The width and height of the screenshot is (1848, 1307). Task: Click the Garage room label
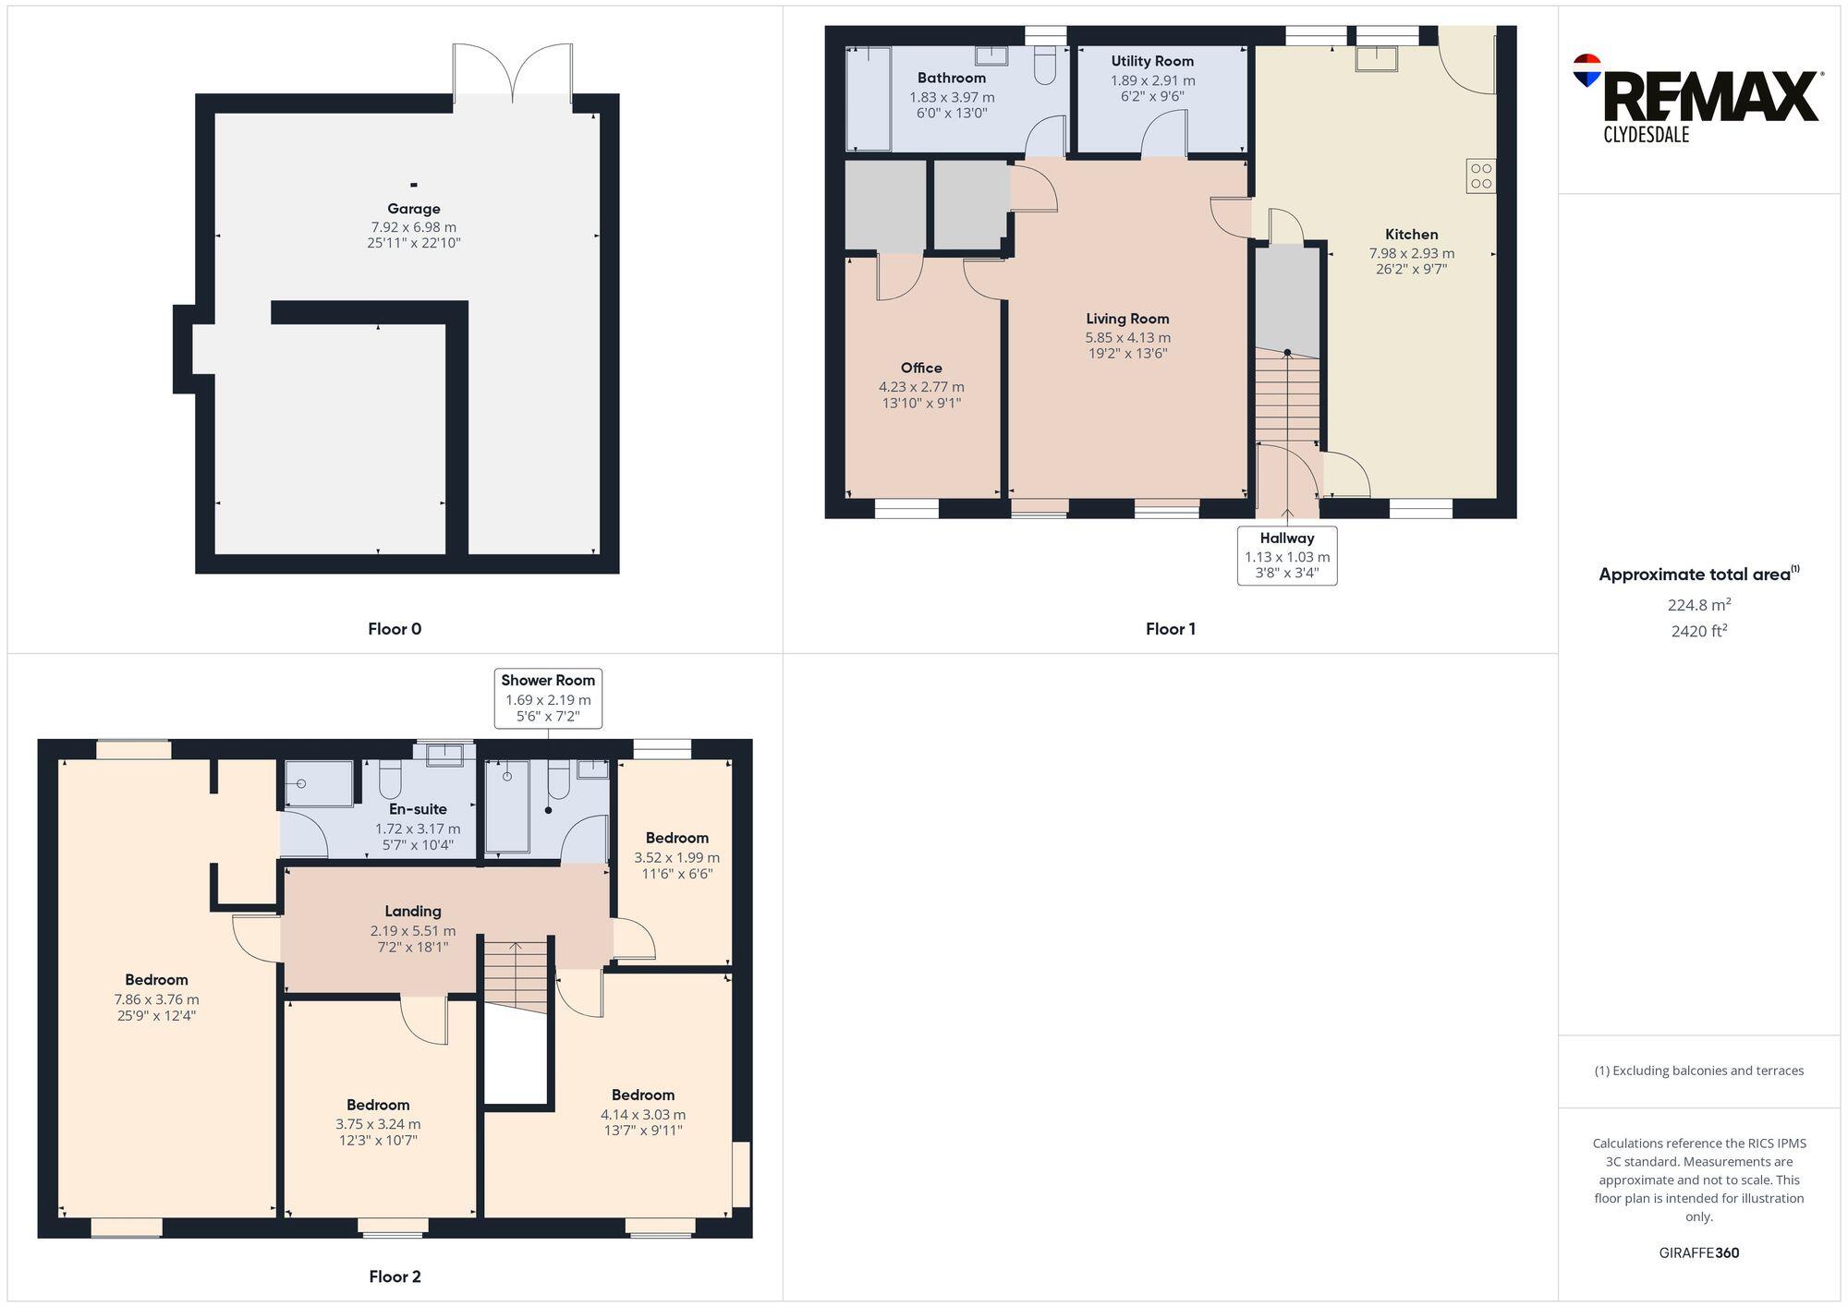click(413, 209)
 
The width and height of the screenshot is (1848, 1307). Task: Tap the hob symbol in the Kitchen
click(1480, 176)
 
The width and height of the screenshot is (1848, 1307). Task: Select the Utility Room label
click(1152, 61)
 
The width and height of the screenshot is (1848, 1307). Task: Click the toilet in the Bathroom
click(1044, 65)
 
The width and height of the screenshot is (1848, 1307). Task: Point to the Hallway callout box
click(1286, 555)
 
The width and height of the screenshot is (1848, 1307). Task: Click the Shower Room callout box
click(548, 698)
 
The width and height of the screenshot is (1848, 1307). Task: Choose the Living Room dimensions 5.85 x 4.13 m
click(1127, 338)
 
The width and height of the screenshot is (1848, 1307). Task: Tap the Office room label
click(921, 368)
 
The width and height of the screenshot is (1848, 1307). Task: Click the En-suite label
click(418, 809)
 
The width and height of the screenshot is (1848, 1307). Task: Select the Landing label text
click(413, 911)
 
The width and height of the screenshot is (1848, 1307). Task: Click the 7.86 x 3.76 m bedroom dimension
click(156, 999)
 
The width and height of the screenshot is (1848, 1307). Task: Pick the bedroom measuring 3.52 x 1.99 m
click(676, 856)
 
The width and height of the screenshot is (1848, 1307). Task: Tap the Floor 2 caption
click(395, 1277)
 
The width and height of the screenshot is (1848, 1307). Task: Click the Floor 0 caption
click(395, 629)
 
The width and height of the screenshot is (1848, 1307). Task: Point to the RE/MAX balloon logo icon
click(1587, 70)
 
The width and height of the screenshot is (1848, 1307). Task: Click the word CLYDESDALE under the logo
click(1646, 135)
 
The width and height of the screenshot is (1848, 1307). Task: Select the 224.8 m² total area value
click(1698, 605)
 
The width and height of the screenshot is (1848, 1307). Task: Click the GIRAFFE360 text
click(1698, 1253)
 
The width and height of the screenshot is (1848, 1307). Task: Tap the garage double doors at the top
click(513, 74)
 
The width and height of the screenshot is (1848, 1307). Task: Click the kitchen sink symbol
click(1376, 58)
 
